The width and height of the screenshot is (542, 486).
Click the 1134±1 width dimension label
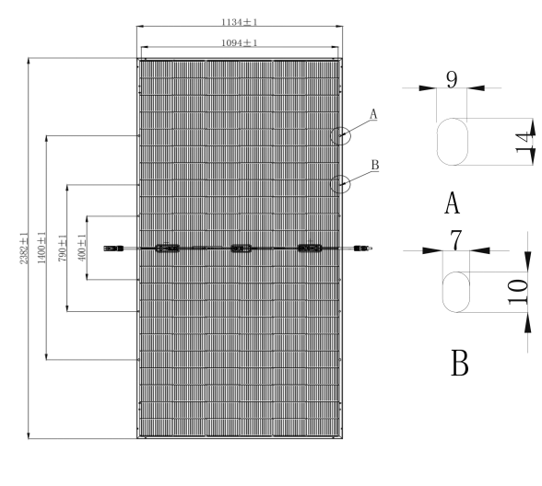click(x=240, y=22)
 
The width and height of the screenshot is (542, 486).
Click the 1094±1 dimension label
click(x=240, y=42)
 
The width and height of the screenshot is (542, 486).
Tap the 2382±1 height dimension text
click(x=24, y=249)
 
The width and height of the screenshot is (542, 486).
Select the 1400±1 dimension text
click(x=41, y=248)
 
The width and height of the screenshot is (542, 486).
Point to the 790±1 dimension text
click(x=63, y=248)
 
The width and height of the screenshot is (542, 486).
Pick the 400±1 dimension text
click(x=82, y=248)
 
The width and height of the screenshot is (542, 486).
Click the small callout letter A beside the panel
click(x=373, y=114)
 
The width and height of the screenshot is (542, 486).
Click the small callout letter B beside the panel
click(x=375, y=165)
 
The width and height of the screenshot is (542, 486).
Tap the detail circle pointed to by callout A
click(x=330, y=136)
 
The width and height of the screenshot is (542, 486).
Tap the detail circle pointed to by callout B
click(x=330, y=184)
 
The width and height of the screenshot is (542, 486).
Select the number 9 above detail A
click(x=452, y=80)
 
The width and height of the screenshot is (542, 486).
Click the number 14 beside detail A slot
click(x=524, y=142)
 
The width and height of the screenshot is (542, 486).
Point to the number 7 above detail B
click(x=455, y=240)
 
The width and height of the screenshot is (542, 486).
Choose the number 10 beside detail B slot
click(x=518, y=292)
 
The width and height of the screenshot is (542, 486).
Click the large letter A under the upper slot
click(x=452, y=203)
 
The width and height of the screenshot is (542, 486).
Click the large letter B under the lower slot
click(x=460, y=363)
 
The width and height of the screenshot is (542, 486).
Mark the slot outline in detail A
click(x=437, y=142)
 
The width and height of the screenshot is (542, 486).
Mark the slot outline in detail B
click(x=442, y=292)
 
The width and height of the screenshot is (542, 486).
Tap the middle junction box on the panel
click(x=241, y=249)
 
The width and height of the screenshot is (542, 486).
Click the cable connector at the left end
click(x=113, y=249)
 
